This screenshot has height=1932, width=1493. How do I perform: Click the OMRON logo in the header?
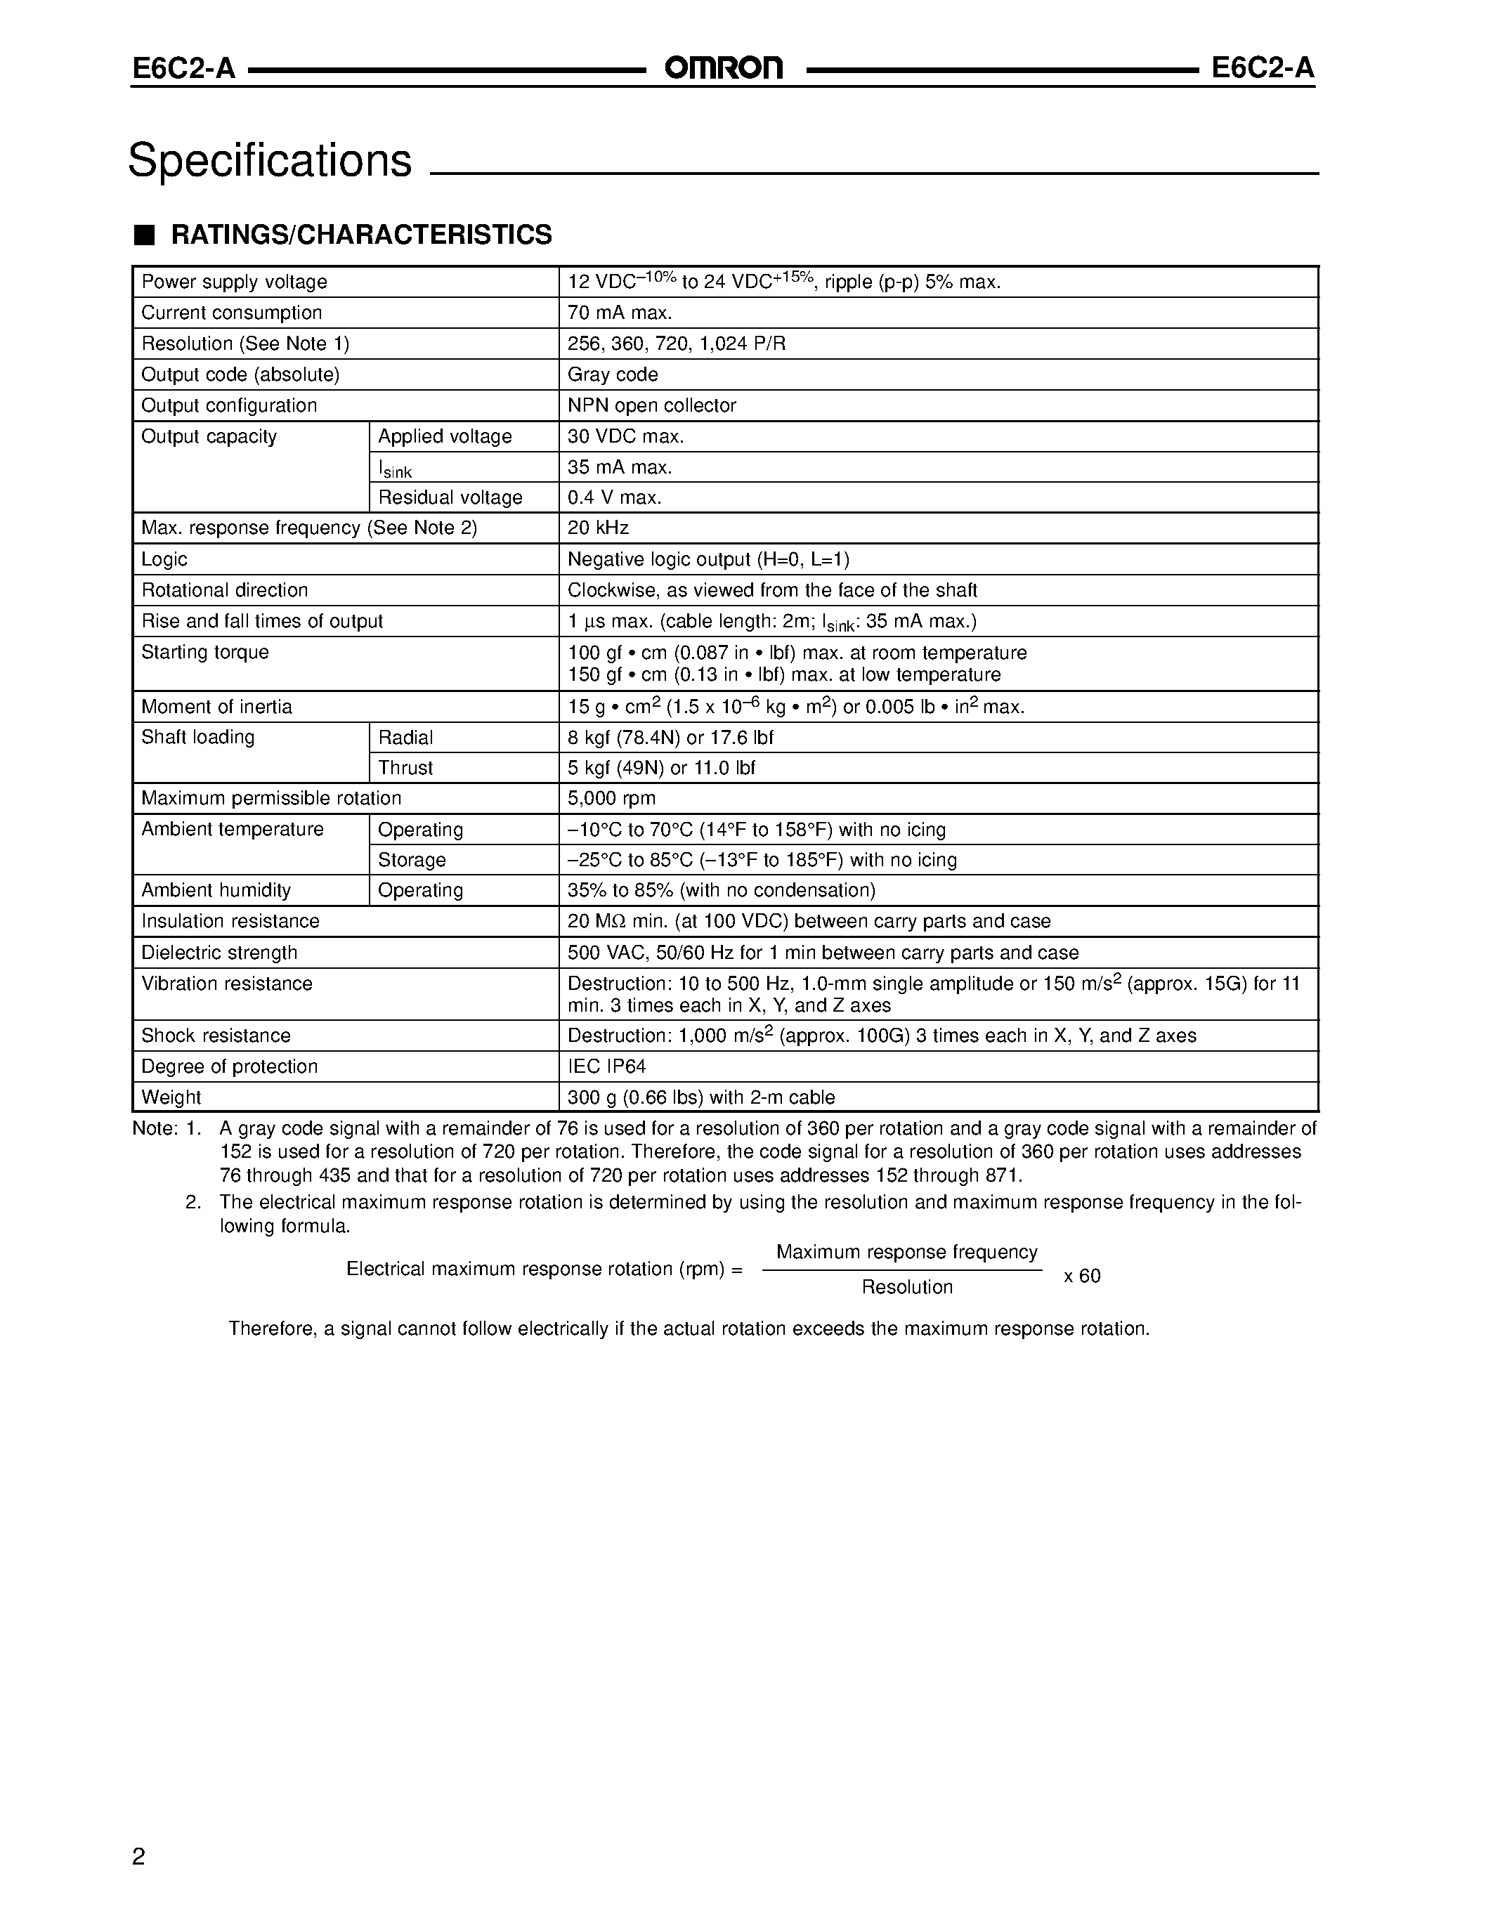point(724,68)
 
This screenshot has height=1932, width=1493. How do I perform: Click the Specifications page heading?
point(270,160)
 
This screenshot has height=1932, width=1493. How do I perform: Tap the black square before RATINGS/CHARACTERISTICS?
point(144,235)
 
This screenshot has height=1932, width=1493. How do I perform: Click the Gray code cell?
point(612,375)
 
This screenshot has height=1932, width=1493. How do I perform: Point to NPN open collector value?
point(652,406)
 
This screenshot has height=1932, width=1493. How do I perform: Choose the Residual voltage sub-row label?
point(450,498)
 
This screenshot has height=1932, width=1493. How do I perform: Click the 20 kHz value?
point(598,528)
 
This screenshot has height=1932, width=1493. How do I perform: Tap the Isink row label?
point(394,469)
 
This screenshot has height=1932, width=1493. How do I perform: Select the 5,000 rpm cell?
point(611,799)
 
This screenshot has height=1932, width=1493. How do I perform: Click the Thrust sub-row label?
point(405,768)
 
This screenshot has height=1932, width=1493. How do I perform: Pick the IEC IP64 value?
point(607,1067)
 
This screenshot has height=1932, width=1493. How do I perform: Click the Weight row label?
point(171,1098)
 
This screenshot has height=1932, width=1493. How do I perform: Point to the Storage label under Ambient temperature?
point(411,860)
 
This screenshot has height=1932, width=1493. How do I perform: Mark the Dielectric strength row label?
point(219,953)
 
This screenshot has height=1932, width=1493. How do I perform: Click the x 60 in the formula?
point(1082,1276)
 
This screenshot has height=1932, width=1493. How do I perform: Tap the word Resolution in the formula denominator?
point(906,1287)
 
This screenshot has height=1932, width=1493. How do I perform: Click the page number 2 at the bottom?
point(139,1856)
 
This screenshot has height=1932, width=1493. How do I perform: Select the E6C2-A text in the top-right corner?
point(1262,68)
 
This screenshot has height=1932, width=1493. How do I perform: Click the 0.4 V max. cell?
point(614,498)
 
